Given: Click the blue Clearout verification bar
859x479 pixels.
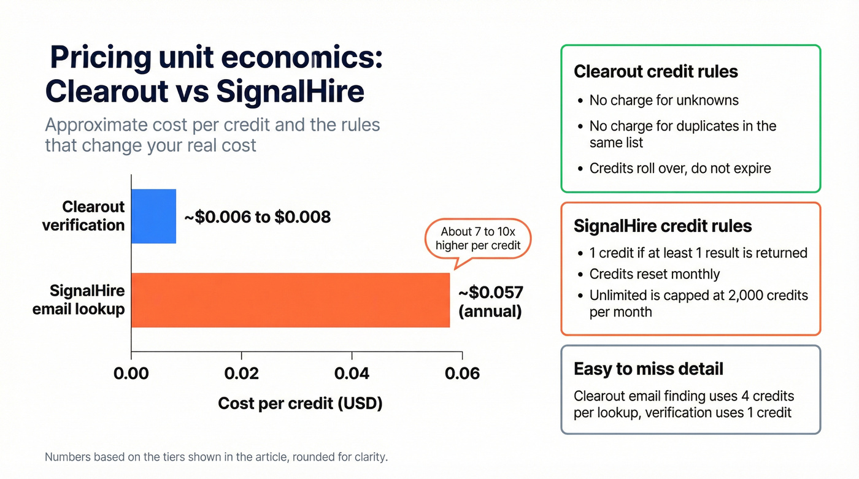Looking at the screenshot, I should click(154, 216).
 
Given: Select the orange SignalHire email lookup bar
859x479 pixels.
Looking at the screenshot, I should click(290, 300).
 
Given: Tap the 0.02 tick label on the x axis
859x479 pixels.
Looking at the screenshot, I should click(241, 373).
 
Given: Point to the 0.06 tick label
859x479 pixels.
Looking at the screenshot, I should click(461, 373).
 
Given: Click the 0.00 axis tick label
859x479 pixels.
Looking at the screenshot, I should click(131, 373).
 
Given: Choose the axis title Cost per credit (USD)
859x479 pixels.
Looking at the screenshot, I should click(300, 403).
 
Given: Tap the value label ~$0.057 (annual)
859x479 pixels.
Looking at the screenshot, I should click(490, 301).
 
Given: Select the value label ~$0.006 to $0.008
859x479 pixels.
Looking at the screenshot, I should click(258, 217).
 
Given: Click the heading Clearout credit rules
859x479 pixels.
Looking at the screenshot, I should click(655, 72).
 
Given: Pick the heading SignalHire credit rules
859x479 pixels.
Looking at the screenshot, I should click(662, 226).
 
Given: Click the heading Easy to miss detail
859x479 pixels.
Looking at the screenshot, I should click(648, 369).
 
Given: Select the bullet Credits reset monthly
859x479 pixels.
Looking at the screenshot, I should click(654, 274).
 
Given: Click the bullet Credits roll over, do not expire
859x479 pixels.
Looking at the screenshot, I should click(680, 167).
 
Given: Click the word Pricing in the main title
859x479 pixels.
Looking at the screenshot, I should click(100, 58).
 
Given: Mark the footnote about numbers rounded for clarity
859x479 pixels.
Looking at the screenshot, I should click(217, 457).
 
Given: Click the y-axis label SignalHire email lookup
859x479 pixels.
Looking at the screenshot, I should click(79, 299).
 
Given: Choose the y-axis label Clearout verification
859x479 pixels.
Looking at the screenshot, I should click(83, 216).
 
